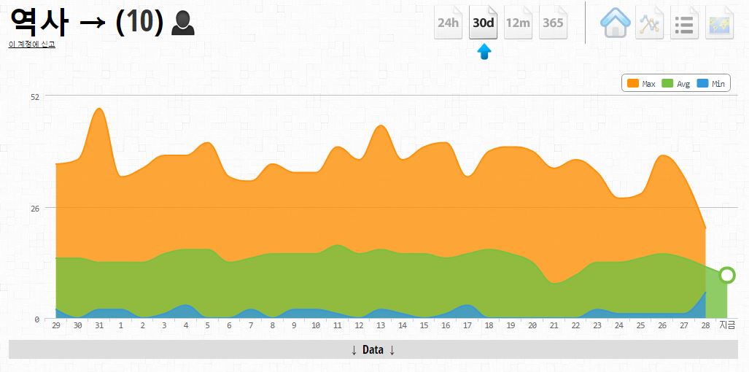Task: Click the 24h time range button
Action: click(448, 23)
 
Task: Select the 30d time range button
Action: click(483, 23)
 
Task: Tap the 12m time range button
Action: click(518, 23)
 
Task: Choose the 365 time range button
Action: click(553, 23)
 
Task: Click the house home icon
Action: click(615, 23)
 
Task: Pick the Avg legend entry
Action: click(675, 84)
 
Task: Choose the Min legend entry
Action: click(710, 84)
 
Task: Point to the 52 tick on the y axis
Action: click(34, 96)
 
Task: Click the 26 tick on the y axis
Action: click(34, 208)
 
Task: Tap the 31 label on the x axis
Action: click(99, 325)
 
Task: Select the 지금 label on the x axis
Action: click(727, 325)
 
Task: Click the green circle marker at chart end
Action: click(726, 275)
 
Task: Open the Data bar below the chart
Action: click(373, 350)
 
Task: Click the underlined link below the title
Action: click(31, 44)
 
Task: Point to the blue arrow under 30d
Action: click(484, 52)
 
